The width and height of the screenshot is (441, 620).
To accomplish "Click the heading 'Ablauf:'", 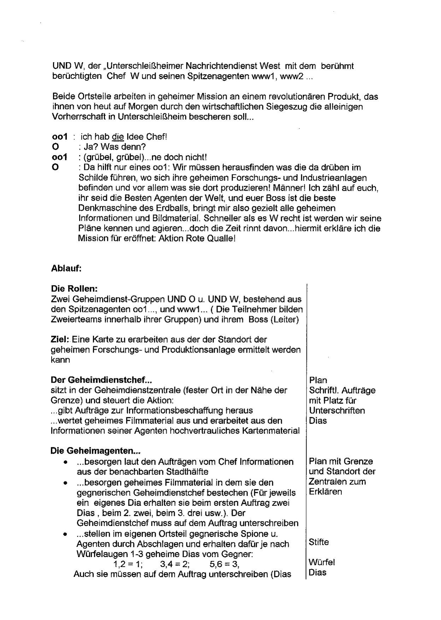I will (66, 268).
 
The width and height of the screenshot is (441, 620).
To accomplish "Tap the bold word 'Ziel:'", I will (60, 340).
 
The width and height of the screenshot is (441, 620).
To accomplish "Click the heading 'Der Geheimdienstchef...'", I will (101, 380).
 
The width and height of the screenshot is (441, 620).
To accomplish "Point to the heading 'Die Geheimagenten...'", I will (95, 451).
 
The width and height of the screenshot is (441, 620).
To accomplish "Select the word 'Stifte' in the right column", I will (319, 542).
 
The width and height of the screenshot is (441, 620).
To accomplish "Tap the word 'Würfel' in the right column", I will (322, 562).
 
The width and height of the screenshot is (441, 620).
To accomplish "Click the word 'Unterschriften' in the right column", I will (337, 411).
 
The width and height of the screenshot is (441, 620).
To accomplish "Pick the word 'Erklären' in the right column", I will (325, 492).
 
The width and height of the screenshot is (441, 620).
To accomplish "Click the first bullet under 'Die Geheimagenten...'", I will (65, 462).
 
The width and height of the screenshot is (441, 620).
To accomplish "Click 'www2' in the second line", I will (291, 76).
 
